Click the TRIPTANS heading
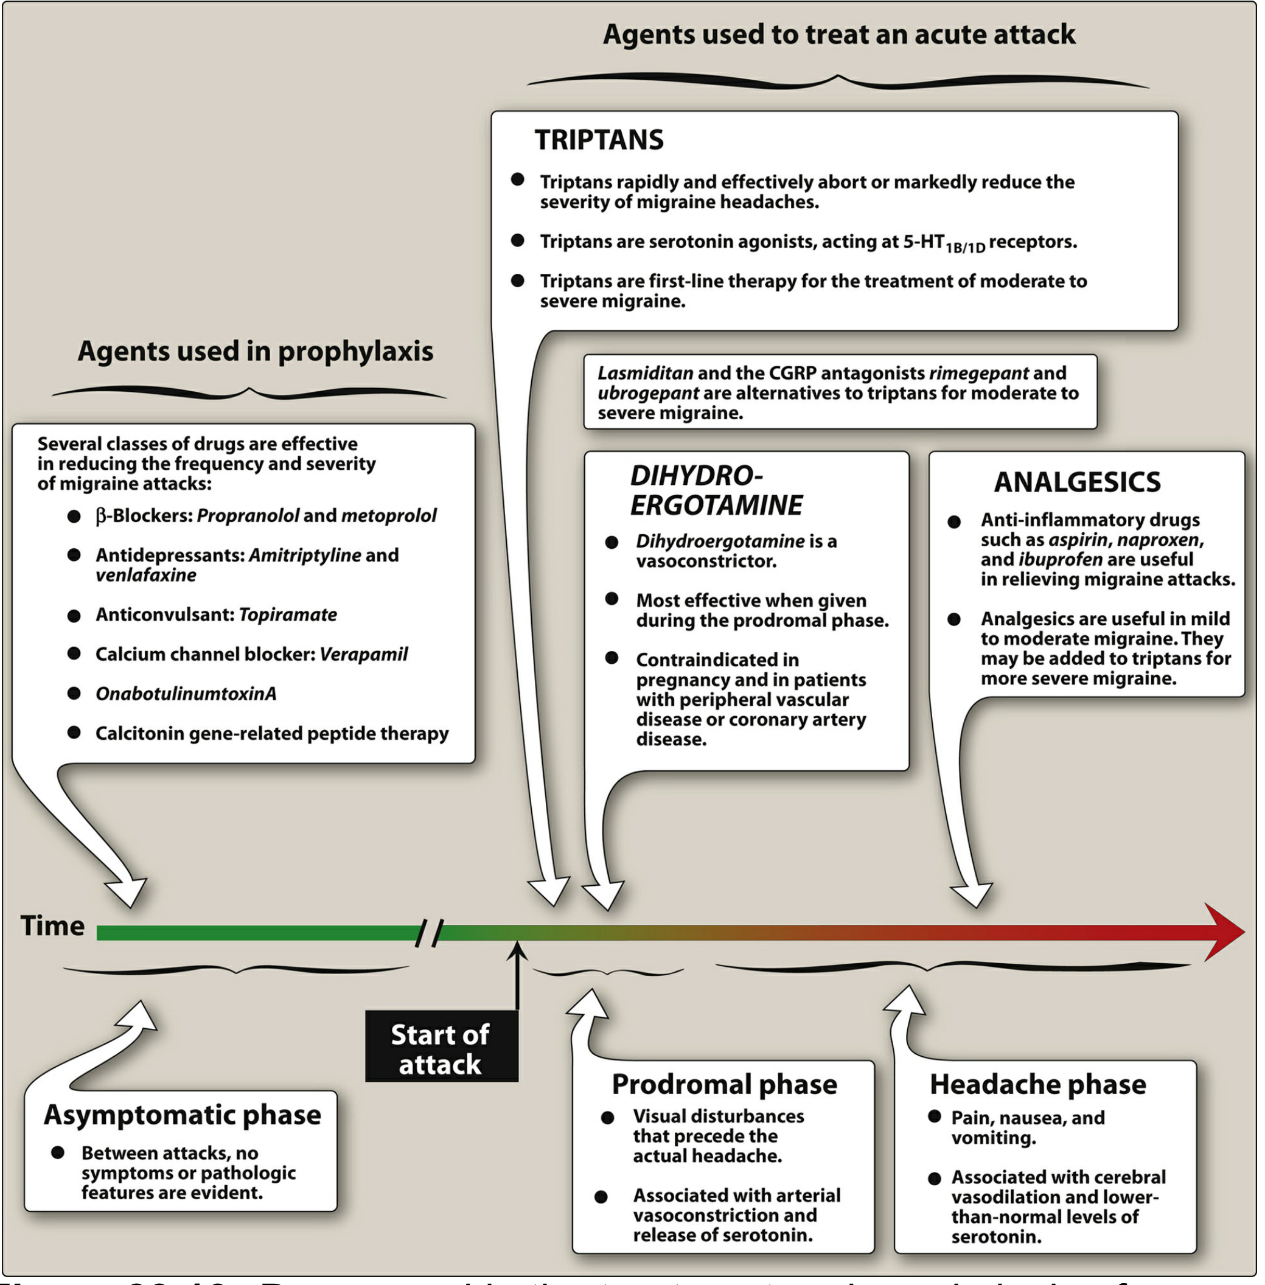(599, 140)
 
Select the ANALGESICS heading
(1077, 482)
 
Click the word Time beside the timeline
(52, 926)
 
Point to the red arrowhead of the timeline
(1224, 932)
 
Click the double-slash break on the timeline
(429, 933)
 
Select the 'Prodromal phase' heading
(724, 1084)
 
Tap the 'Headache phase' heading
(1038, 1084)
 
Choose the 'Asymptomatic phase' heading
(182, 1115)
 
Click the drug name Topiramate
(288, 615)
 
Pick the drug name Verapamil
(363, 655)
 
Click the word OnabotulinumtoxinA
(186, 694)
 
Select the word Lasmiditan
(645, 374)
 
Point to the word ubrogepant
(648, 393)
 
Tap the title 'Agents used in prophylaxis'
(255, 352)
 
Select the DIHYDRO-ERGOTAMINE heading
(716, 491)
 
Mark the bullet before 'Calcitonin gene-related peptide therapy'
(74, 733)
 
